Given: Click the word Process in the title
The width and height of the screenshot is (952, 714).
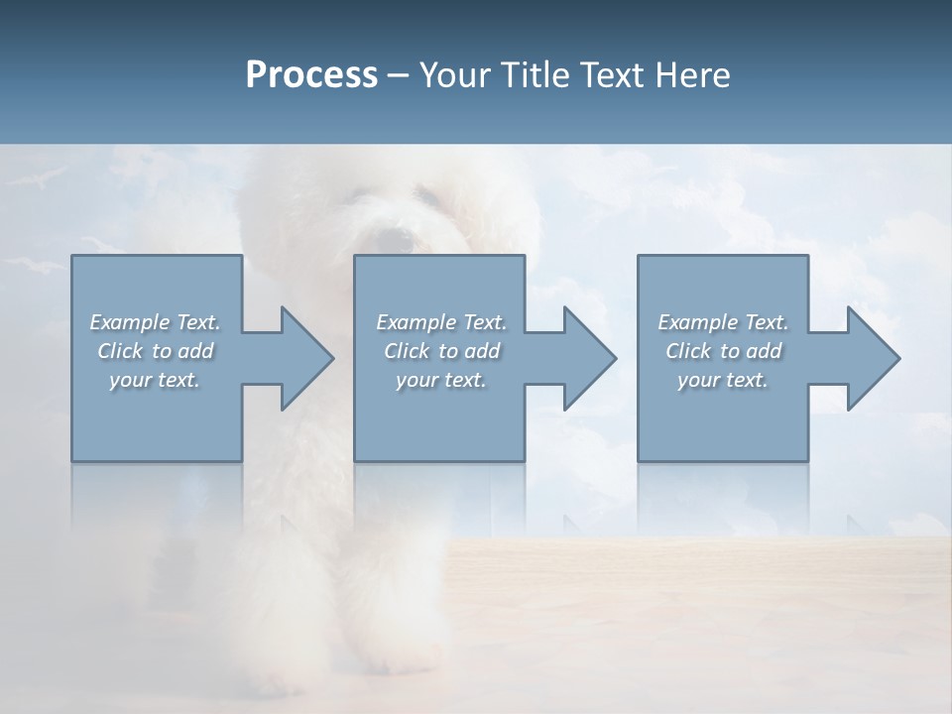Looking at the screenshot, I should click(x=311, y=75).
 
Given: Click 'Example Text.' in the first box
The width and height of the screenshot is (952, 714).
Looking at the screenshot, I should click(x=155, y=322).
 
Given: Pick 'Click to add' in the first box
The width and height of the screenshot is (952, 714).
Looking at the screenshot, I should click(x=155, y=351).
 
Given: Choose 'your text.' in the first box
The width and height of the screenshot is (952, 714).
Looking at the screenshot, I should click(x=155, y=380).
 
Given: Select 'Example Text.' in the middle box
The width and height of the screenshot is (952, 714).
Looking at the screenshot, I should click(x=440, y=322).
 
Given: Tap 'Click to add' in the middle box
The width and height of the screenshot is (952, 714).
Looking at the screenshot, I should click(x=440, y=351).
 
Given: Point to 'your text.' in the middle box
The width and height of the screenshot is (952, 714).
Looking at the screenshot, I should click(x=440, y=380).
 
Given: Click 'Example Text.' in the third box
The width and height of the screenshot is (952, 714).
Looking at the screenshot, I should click(x=723, y=322).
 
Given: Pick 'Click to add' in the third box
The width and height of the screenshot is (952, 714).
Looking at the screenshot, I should click(x=723, y=351).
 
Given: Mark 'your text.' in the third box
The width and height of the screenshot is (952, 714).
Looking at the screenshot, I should click(x=723, y=380).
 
